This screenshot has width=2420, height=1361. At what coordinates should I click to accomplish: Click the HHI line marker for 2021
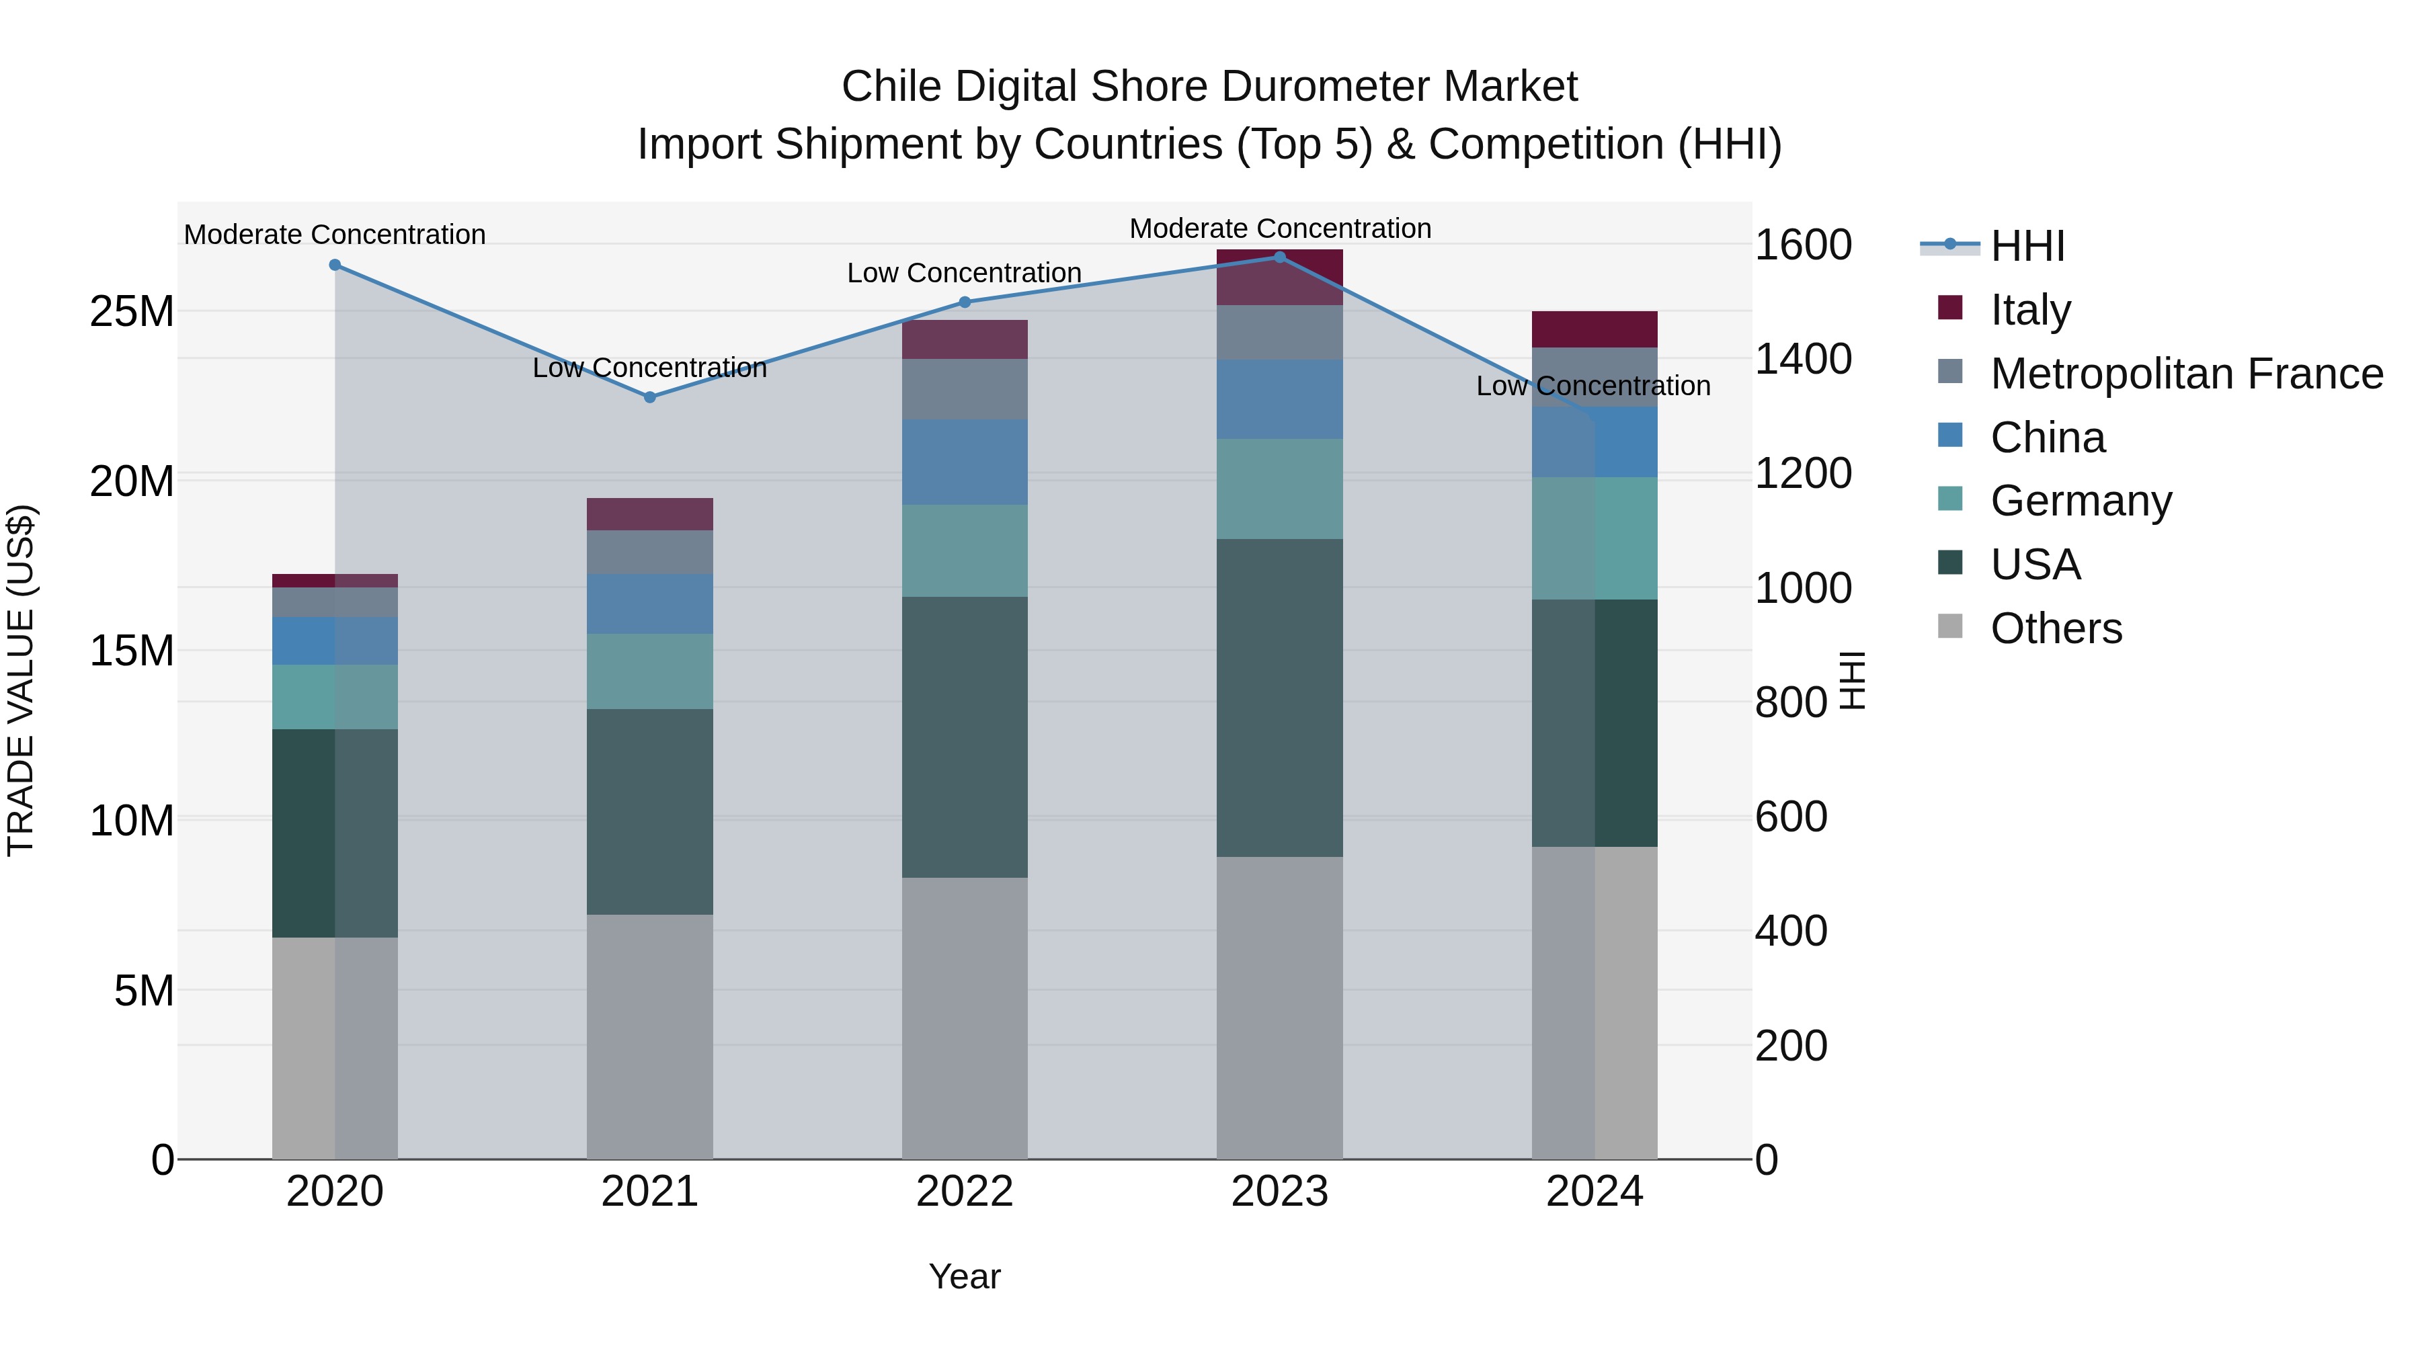pyautogui.click(x=649, y=397)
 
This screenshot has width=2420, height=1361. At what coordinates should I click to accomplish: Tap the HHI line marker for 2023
pyautogui.click(x=1279, y=257)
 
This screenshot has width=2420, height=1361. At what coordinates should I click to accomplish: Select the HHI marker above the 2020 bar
pyautogui.click(x=335, y=265)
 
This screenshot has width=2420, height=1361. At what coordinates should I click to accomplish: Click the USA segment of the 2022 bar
pyautogui.click(x=965, y=737)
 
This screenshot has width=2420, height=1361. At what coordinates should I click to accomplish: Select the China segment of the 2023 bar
pyautogui.click(x=1279, y=399)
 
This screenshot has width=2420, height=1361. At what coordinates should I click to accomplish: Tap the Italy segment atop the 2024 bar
pyautogui.click(x=1595, y=330)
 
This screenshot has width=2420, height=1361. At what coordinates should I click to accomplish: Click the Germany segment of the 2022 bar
pyautogui.click(x=965, y=550)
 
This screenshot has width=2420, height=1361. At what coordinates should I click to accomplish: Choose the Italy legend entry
pyautogui.click(x=2029, y=310)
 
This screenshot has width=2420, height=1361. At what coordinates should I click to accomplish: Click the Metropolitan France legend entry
pyautogui.click(x=2185, y=374)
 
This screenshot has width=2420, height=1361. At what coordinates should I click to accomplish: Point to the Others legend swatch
pyautogui.click(x=1950, y=626)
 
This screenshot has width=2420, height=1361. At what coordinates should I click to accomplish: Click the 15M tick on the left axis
pyautogui.click(x=132, y=650)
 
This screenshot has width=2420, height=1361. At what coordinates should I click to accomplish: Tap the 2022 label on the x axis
pyautogui.click(x=965, y=1192)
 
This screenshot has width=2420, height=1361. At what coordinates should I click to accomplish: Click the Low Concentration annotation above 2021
pyautogui.click(x=649, y=367)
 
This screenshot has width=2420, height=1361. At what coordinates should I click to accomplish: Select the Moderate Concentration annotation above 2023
pyautogui.click(x=1279, y=229)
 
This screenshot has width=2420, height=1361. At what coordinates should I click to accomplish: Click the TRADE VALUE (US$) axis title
pyautogui.click(x=21, y=680)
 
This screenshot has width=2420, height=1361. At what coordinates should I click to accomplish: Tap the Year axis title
pyautogui.click(x=965, y=1276)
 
